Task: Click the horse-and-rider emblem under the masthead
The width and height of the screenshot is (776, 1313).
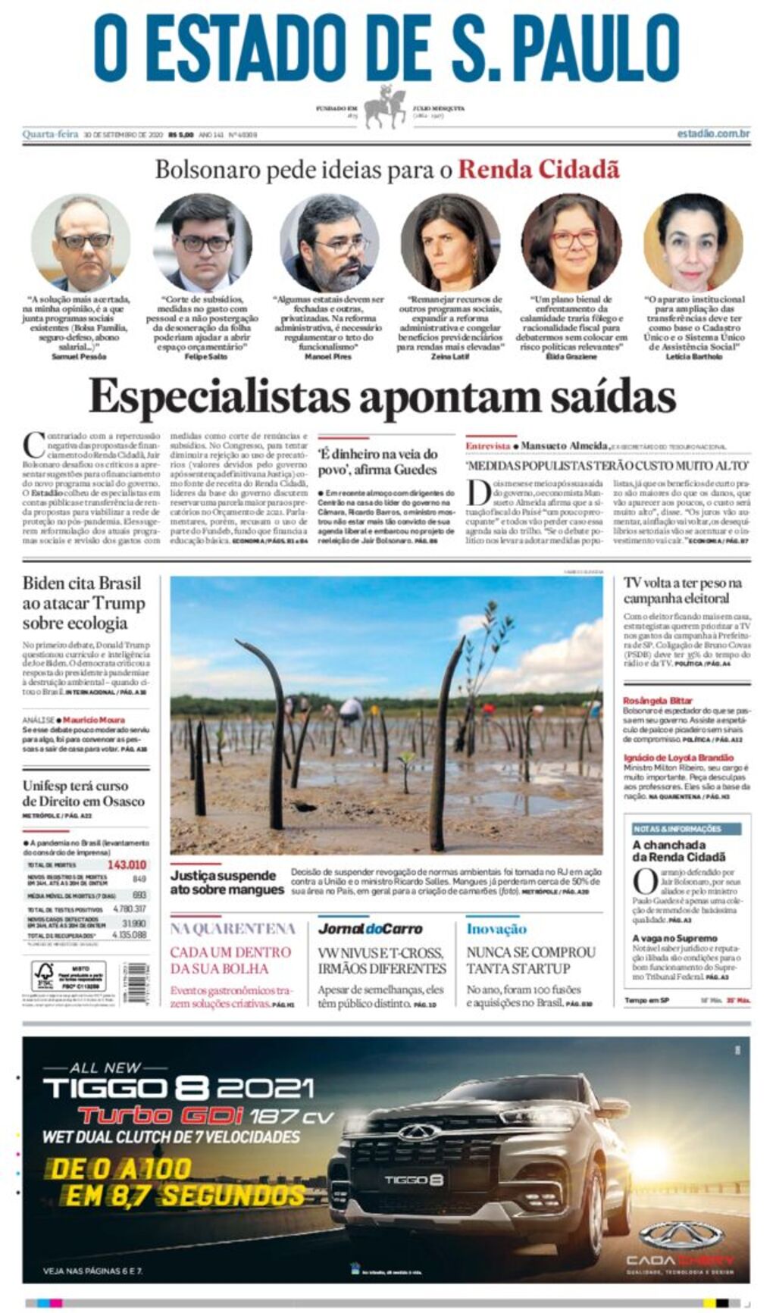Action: pyautogui.click(x=385, y=107)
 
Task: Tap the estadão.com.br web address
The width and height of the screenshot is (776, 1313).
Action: pyautogui.click(x=712, y=134)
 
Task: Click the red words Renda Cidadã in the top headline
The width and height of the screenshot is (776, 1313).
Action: pyautogui.click(x=538, y=169)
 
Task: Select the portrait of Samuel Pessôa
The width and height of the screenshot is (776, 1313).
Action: pyautogui.click(x=80, y=242)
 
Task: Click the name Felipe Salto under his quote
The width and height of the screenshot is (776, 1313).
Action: pyautogui.click(x=205, y=356)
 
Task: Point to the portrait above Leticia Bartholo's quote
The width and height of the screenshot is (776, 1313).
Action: pyautogui.click(x=693, y=242)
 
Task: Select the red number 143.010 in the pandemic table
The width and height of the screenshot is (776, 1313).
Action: pyautogui.click(x=127, y=864)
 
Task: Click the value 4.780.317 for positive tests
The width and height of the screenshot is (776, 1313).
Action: pyautogui.click(x=129, y=908)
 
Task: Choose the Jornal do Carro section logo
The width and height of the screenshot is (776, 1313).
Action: pyautogui.click(x=370, y=929)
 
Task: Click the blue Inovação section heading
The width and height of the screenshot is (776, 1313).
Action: pyautogui.click(x=496, y=929)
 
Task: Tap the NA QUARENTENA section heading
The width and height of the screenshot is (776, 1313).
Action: pyautogui.click(x=233, y=929)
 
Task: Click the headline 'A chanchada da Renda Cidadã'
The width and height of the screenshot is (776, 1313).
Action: pyautogui.click(x=678, y=850)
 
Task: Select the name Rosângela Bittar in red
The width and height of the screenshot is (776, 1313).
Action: pyautogui.click(x=657, y=701)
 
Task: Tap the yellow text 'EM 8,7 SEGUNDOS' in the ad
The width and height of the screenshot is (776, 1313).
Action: pyautogui.click(x=184, y=1196)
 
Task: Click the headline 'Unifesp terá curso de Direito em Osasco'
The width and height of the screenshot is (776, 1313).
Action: pyautogui.click(x=83, y=792)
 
